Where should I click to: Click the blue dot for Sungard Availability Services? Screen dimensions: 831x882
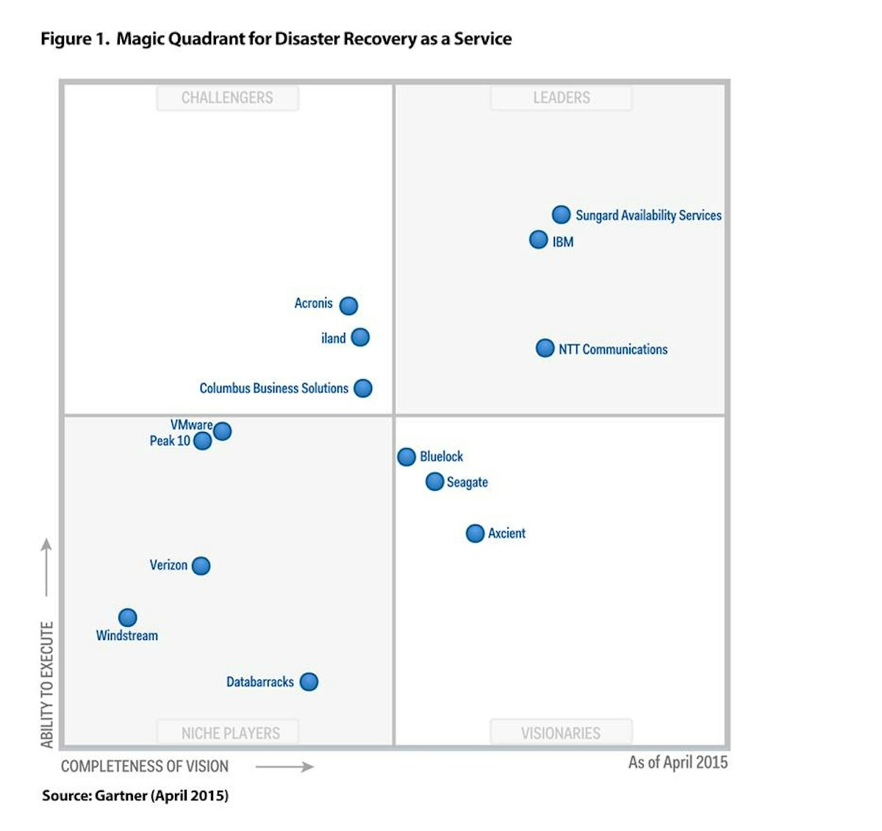click(x=561, y=215)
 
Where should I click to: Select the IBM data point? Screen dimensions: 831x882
click(x=539, y=240)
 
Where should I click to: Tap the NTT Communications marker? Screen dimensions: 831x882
click(x=545, y=348)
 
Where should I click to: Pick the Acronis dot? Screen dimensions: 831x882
click(x=348, y=305)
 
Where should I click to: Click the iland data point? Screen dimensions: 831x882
click(x=360, y=337)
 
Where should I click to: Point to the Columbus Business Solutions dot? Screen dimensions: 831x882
click(x=363, y=388)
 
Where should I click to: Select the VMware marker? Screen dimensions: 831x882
click(x=222, y=431)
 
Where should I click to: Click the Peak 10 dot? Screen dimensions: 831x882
click(x=202, y=441)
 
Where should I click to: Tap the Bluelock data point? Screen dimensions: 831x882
click(x=406, y=457)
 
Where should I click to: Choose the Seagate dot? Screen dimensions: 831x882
click(x=434, y=481)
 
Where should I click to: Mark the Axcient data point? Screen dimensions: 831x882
click(x=476, y=533)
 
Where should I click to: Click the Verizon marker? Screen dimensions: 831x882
click(x=201, y=566)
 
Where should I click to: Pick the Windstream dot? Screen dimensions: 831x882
click(x=128, y=617)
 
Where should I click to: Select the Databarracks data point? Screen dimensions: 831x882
click(x=309, y=682)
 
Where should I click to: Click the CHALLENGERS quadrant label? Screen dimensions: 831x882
click(x=227, y=98)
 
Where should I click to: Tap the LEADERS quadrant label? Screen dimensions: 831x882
click(x=562, y=98)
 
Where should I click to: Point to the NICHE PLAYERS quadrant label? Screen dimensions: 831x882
click(x=230, y=733)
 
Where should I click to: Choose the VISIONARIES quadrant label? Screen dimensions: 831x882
click(x=561, y=733)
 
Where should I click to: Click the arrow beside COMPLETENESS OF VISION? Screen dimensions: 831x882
click(x=284, y=767)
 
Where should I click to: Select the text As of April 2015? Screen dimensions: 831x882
click(x=678, y=763)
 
